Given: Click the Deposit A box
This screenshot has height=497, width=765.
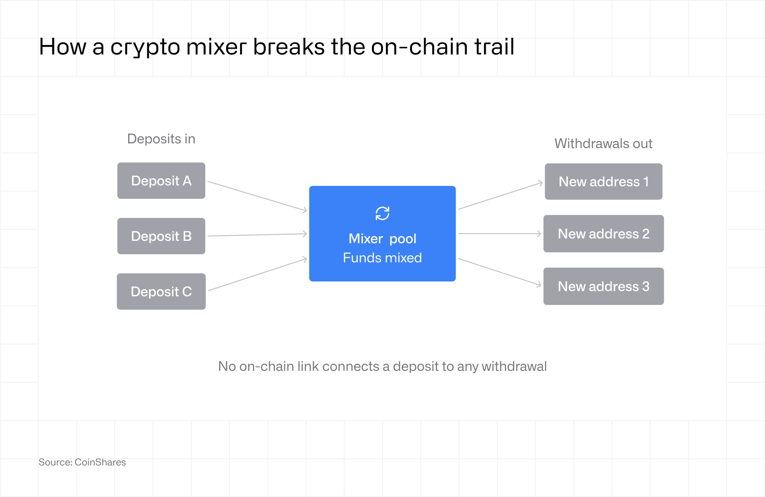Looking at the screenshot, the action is coord(161,181).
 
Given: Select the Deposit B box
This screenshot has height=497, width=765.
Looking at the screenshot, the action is coord(161,236).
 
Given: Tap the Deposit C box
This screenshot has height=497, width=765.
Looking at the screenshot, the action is coord(161,292).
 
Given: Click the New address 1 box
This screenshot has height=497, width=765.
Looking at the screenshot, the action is coord(603,182).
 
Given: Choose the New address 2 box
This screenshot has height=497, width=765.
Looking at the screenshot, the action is coord(603,234).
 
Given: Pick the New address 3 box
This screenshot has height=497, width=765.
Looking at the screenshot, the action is coord(603,286).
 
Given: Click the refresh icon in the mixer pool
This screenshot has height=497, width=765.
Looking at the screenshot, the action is coord(382,213).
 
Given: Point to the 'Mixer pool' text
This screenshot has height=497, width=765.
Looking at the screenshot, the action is coord(382,238).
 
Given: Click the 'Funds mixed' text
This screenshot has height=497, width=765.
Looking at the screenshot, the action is coord(382,258).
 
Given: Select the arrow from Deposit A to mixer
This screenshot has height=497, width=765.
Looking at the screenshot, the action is coord(258,196).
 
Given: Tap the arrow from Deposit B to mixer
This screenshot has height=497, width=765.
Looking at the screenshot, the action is coord(258,235).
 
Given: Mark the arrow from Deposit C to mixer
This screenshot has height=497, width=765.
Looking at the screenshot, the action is coord(258,274).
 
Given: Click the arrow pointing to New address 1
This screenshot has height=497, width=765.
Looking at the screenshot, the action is coord(500,195).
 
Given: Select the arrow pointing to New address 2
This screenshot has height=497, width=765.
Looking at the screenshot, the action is coord(500,234).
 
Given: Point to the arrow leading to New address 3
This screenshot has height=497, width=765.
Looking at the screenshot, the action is coord(500,272).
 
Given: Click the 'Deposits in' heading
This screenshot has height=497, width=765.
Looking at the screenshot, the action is coord(161,139).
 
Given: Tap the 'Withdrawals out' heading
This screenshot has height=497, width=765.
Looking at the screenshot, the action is coord(603,143).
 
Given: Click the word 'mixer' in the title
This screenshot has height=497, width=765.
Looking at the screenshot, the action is coord(216,47).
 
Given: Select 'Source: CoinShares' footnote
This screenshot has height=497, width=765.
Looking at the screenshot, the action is coord(82,462).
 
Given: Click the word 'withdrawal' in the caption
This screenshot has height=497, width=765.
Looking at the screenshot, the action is coord(514,366).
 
